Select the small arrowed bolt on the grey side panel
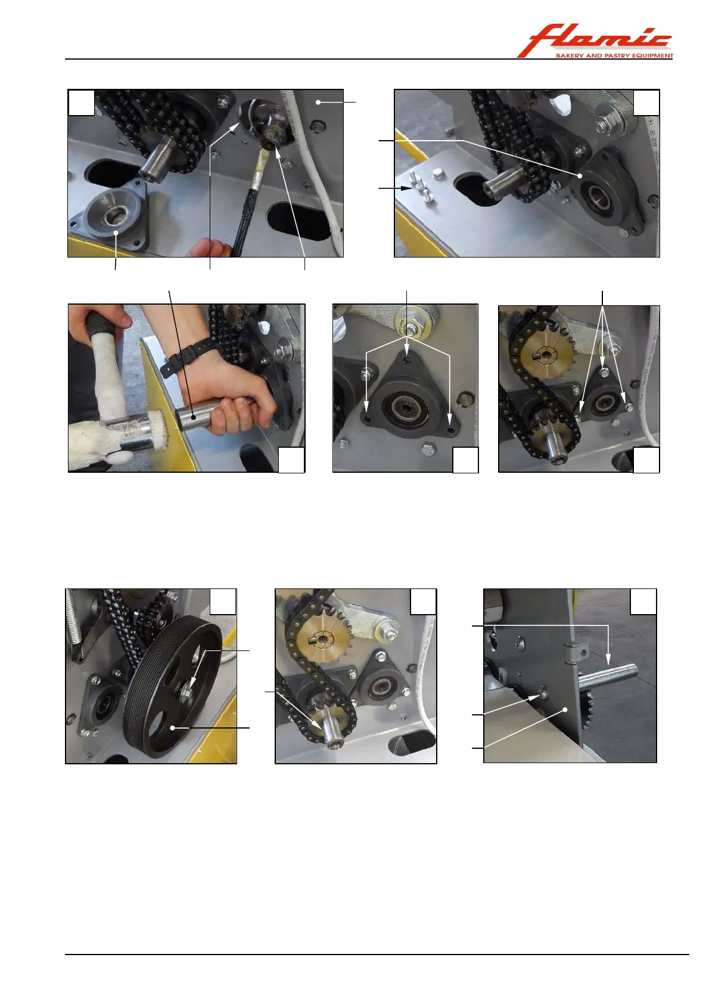point(543,694)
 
